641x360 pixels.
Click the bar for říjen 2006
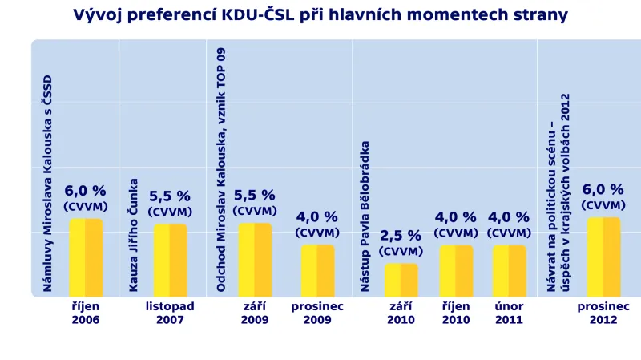[x=86, y=257]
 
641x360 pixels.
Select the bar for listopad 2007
[x=170, y=260]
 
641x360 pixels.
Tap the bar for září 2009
[x=255, y=260]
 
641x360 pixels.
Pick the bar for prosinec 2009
[x=318, y=270]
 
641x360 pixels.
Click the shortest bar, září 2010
[x=401, y=280]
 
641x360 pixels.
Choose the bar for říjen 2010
[x=456, y=270]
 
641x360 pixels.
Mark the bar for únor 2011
[x=510, y=270]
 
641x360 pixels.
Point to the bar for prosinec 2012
[x=603, y=257]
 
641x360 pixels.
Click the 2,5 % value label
[x=401, y=236]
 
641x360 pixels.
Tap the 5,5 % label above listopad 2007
[x=170, y=196]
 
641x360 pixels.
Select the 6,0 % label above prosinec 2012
[x=603, y=190]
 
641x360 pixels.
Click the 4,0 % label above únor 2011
[x=509, y=217]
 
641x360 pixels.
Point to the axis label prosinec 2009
[x=317, y=313]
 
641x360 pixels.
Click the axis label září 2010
[x=401, y=313]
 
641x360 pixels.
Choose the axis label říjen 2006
[x=85, y=313]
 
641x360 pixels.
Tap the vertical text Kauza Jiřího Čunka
[x=134, y=234]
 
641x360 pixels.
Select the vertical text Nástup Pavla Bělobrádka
[x=365, y=216]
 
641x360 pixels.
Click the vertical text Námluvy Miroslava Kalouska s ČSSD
[x=47, y=183]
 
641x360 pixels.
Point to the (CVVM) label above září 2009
[x=255, y=211]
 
